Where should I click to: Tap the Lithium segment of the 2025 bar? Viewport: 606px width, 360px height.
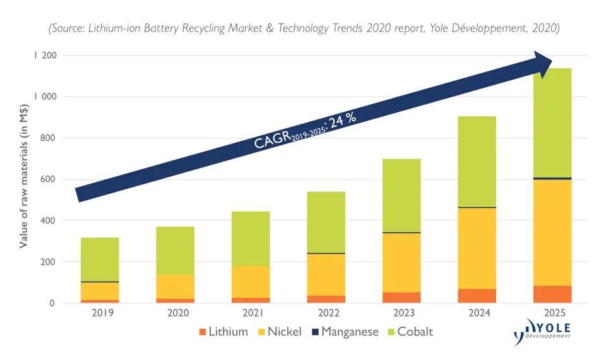[552, 294]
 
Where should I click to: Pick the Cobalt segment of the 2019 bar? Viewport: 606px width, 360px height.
[100, 259]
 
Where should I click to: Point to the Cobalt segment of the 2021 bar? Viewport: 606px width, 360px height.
[251, 239]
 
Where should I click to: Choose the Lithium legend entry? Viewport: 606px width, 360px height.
[222, 332]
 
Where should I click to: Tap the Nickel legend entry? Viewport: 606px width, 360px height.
[282, 332]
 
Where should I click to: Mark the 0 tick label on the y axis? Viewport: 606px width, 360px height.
[53, 303]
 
